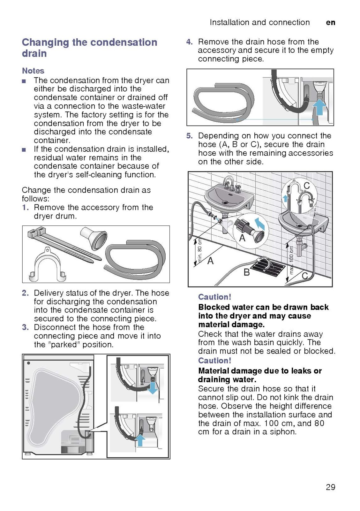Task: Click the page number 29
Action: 330,487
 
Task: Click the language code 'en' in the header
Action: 331,22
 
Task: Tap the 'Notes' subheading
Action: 33,71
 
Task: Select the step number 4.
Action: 189,42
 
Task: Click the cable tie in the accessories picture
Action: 61,244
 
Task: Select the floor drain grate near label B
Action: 268,267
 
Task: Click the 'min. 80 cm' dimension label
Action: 200,250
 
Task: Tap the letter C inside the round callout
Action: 306,186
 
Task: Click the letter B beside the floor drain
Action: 246,272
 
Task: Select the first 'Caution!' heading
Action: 214,297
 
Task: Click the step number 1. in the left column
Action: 26,208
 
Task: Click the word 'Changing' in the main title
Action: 45,42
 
